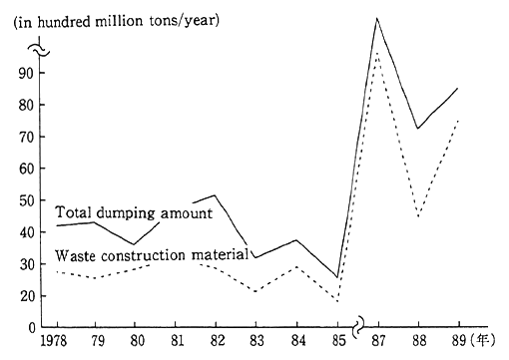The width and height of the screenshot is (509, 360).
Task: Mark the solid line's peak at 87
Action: coord(377,18)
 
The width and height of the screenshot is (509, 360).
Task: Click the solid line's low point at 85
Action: coord(337,276)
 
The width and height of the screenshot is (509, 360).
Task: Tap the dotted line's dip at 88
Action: coord(418,215)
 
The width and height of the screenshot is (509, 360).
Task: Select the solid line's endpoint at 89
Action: coord(458,88)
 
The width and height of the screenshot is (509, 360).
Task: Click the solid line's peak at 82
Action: coord(215,195)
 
